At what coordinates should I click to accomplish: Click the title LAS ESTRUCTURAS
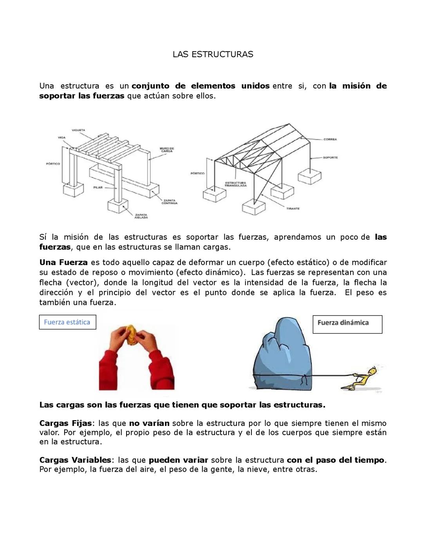tap(213, 54)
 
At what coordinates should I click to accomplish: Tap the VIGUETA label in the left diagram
tap(78, 130)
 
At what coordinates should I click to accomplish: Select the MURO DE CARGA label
tap(166, 150)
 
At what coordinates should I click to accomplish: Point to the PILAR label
tap(98, 188)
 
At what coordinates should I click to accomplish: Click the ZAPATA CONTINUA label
tap(169, 202)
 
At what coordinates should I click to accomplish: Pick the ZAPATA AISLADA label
tap(141, 216)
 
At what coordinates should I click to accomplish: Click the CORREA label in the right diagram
tap(330, 139)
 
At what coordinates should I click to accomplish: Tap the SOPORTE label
tap(330, 157)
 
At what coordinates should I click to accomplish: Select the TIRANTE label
tap(293, 209)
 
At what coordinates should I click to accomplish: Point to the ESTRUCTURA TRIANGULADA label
tap(235, 184)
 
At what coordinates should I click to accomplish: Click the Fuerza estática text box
tap(67, 322)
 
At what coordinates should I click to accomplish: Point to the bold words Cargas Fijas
tap(65, 423)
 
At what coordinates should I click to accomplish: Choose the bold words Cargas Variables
tap(75, 460)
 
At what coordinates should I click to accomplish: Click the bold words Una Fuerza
tap(63, 262)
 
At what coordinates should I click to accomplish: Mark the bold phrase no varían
tap(149, 423)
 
